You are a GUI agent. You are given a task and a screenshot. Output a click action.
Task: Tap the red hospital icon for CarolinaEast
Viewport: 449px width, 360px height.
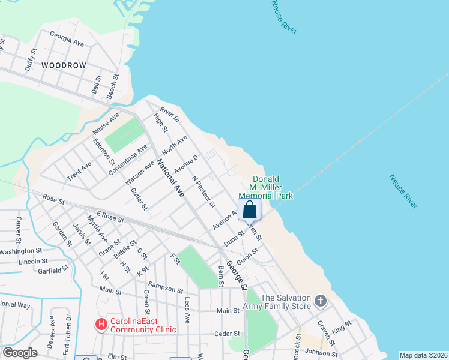102,325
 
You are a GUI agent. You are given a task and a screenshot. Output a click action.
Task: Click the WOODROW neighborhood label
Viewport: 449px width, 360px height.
64,65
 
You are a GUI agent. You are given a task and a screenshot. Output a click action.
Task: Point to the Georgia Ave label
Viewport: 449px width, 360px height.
67,39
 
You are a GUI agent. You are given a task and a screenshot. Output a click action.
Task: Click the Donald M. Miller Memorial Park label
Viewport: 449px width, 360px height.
265,187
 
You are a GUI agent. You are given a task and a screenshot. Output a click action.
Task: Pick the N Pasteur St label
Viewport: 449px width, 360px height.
204,191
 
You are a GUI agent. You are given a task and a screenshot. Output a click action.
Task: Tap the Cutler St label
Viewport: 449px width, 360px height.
139,199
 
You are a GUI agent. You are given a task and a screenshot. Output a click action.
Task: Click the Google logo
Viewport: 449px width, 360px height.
20,353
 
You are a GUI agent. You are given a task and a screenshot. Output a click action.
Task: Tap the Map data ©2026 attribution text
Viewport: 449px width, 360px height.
423,355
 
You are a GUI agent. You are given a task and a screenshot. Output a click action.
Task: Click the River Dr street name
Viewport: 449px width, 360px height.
169,115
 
